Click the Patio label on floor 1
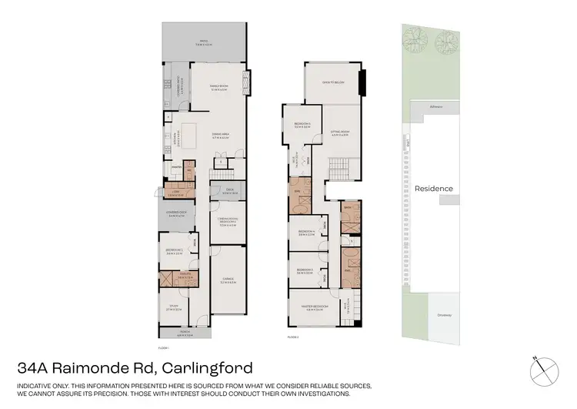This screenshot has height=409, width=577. [203, 44]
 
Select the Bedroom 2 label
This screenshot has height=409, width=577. [173, 251]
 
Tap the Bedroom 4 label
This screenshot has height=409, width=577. [306, 232]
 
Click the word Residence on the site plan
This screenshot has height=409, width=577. [434, 189]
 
